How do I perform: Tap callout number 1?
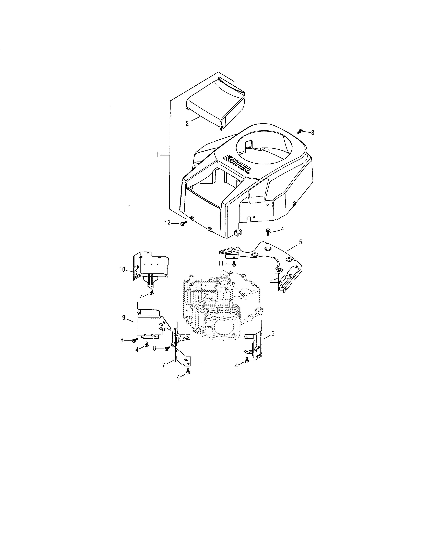(158, 155)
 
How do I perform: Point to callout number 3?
(313, 133)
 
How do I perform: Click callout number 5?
(300, 242)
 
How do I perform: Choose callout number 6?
(273, 333)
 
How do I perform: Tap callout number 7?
(164, 365)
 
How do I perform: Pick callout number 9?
(124, 317)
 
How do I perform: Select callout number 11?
(220, 263)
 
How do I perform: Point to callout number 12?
(167, 223)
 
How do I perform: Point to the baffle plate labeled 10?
(151, 265)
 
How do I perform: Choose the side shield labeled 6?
(255, 344)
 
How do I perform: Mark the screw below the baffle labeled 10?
(152, 293)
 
